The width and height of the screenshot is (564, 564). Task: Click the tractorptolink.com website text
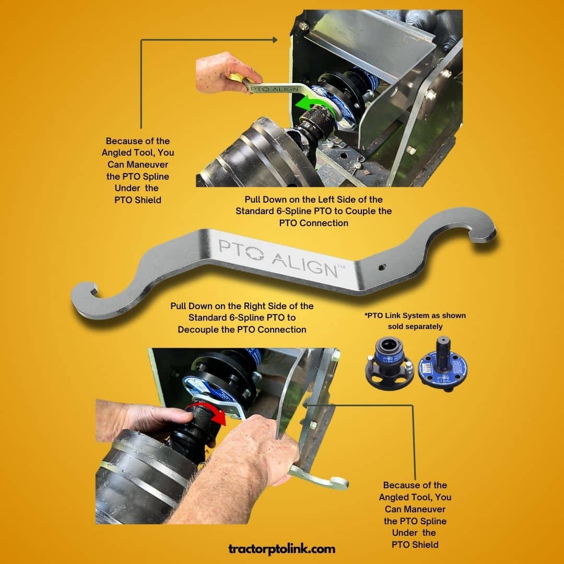[x=281, y=549]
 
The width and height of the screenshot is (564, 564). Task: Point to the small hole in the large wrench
[x=382, y=267]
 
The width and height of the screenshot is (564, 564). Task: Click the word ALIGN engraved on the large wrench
[x=303, y=264]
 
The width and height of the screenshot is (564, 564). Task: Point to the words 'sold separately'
[x=415, y=326]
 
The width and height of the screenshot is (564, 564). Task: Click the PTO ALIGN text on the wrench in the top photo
[x=274, y=88]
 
